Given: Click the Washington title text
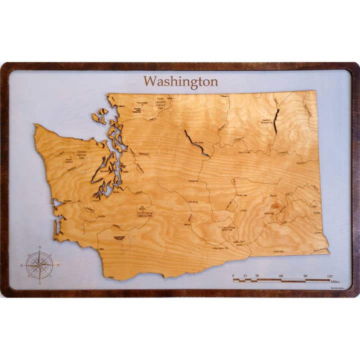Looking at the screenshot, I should (x=180, y=81).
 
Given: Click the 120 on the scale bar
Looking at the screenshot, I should (x=330, y=275).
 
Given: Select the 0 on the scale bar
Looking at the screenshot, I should (x=233, y=275).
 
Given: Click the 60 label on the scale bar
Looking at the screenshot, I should (x=281, y=275).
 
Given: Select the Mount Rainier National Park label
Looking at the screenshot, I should (x=144, y=212).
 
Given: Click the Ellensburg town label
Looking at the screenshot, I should (x=193, y=201).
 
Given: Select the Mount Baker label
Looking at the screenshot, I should (x=142, y=103).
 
